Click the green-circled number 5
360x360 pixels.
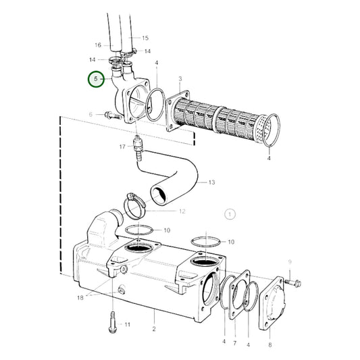coord(96,79)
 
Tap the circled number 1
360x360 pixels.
coord(230,214)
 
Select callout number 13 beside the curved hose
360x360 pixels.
coord(211,182)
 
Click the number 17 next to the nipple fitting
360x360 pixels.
coord(122,147)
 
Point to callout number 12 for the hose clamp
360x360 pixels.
coord(182,211)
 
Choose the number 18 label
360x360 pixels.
coord(80,298)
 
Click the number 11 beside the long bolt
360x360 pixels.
coord(128,324)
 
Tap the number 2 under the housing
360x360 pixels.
coord(154,329)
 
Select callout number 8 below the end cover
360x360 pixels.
coord(270,344)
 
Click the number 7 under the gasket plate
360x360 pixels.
coord(234,343)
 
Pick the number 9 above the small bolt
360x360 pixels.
coord(290,262)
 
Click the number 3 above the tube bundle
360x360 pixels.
coord(180,79)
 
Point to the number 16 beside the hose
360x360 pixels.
coord(98,45)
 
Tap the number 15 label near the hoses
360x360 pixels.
coord(145,38)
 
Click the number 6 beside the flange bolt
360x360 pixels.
coord(91,114)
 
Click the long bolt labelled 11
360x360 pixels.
coord(113,322)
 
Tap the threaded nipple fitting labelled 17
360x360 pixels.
coord(138,146)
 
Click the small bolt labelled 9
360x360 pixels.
coord(293,282)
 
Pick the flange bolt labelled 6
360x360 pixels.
coord(113,115)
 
